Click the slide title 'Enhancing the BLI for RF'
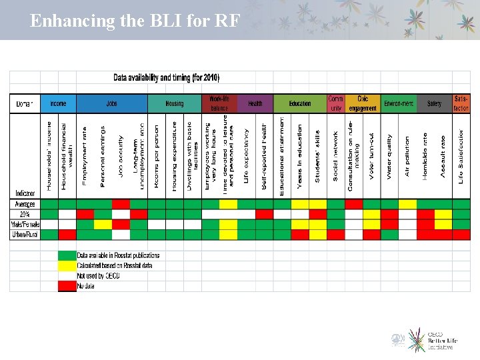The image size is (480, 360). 135,21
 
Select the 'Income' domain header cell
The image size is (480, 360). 58,103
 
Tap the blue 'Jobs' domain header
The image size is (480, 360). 111,103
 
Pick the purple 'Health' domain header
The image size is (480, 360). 255,103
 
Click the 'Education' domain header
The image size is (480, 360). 300,103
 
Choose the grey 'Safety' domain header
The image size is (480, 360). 434,103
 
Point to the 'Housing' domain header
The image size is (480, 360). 175,103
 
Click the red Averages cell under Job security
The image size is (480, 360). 121,204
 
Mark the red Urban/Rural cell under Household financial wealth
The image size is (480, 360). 67,235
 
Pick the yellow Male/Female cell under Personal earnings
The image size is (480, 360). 103,224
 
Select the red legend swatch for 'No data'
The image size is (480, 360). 67,286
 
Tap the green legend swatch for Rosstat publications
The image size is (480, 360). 67,255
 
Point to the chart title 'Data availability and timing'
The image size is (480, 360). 166,78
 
